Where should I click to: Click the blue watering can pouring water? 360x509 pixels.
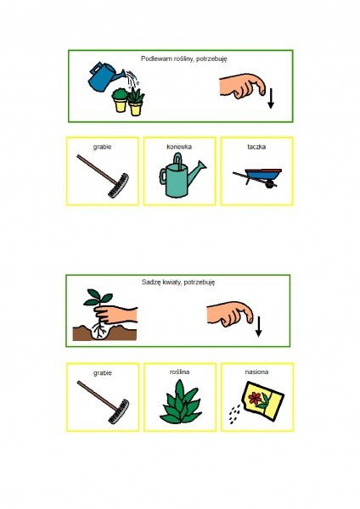pos(104,76)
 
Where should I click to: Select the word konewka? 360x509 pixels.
pos(179,147)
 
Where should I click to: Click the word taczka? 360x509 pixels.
pos(256,147)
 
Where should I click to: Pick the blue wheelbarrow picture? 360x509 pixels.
pos(257,178)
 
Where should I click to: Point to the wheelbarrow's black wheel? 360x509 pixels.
pos(269,184)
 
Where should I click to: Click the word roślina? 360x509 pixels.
pos(179,372)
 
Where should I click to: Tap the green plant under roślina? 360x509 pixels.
pos(181,402)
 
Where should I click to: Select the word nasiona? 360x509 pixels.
pos(256,372)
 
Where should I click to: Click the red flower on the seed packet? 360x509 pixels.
pos(255,397)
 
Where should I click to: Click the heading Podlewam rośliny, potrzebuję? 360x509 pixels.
pos(184,59)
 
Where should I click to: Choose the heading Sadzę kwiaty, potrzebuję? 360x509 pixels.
pos(178,282)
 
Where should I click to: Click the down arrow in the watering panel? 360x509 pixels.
pos(271,98)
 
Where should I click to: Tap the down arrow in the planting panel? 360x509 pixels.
pos(259,327)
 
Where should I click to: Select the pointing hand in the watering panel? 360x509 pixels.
pos(242,86)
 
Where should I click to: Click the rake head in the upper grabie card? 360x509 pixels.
pos(119,186)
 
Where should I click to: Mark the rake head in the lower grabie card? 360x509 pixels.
pos(119,411)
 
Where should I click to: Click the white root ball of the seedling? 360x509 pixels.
pos(98,331)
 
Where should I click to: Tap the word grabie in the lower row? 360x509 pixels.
pos(103,373)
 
